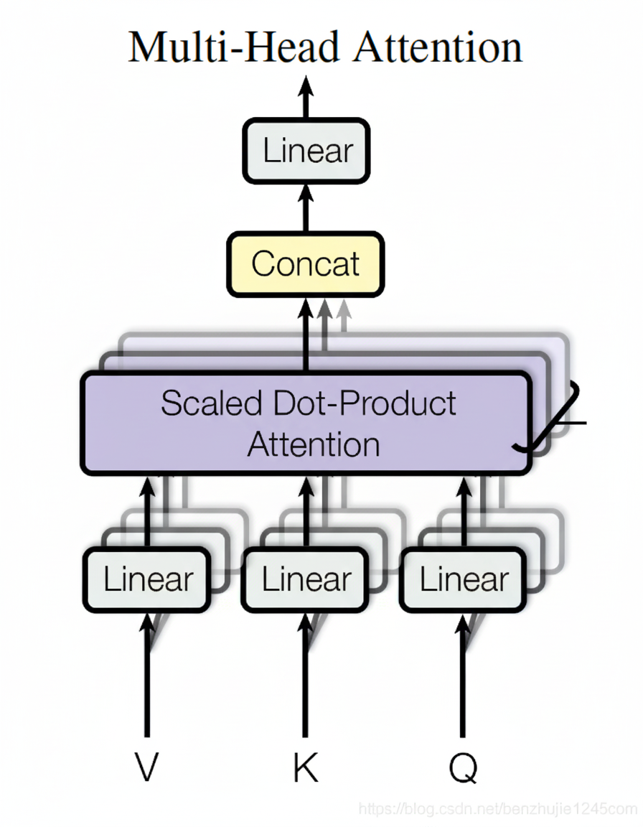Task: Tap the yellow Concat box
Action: coord(306,264)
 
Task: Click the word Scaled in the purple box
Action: coord(211,403)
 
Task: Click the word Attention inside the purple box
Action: coord(314,444)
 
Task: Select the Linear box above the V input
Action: coord(148,579)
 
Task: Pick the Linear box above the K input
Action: coord(306,579)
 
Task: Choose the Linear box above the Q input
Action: coord(464,579)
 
